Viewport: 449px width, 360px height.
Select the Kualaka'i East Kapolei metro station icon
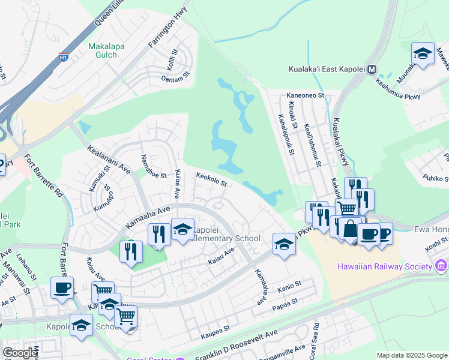click(372, 69)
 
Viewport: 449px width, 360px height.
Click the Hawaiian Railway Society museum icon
click(442, 266)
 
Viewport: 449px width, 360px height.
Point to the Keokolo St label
click(211, 179)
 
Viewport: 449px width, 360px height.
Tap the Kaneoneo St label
click(305, 95)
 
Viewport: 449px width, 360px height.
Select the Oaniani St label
click(175, 77)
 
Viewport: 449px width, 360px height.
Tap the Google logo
click(19, 353)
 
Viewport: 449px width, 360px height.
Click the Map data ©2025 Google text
click(412, 355)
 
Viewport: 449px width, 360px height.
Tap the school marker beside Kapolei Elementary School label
click(182, 230)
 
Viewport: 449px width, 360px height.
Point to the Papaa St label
click(286, 302)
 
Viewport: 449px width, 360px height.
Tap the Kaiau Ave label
click(220, 258)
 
